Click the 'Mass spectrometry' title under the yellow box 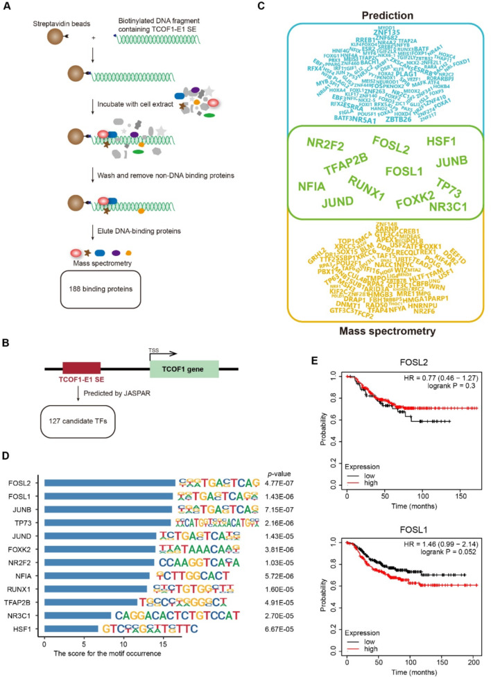tap(362, 331)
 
